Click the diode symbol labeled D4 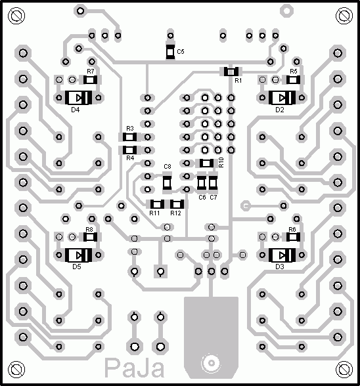tap(78, 98)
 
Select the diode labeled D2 tap(282, 98)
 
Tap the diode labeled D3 tap(282, 255)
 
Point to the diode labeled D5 tap(78, 255)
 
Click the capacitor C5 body tap(170, 52)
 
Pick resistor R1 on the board tap(231, 72)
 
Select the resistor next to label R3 tap(129, 137)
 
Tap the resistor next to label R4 tap(129, 150)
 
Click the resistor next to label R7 tap(90, 80)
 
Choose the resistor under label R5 tap(293, 80)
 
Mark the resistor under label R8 tap(90, 237)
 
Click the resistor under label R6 tap(293, 237)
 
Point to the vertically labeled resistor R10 tap(206, 163)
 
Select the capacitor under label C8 tap(168, 182)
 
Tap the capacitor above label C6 tap(202, 182)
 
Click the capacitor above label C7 tap(213, 182)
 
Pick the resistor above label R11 tap(157, 204)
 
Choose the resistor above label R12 tap(177, 204)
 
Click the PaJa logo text tap(135, 368)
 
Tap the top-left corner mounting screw tap(16, 16)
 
